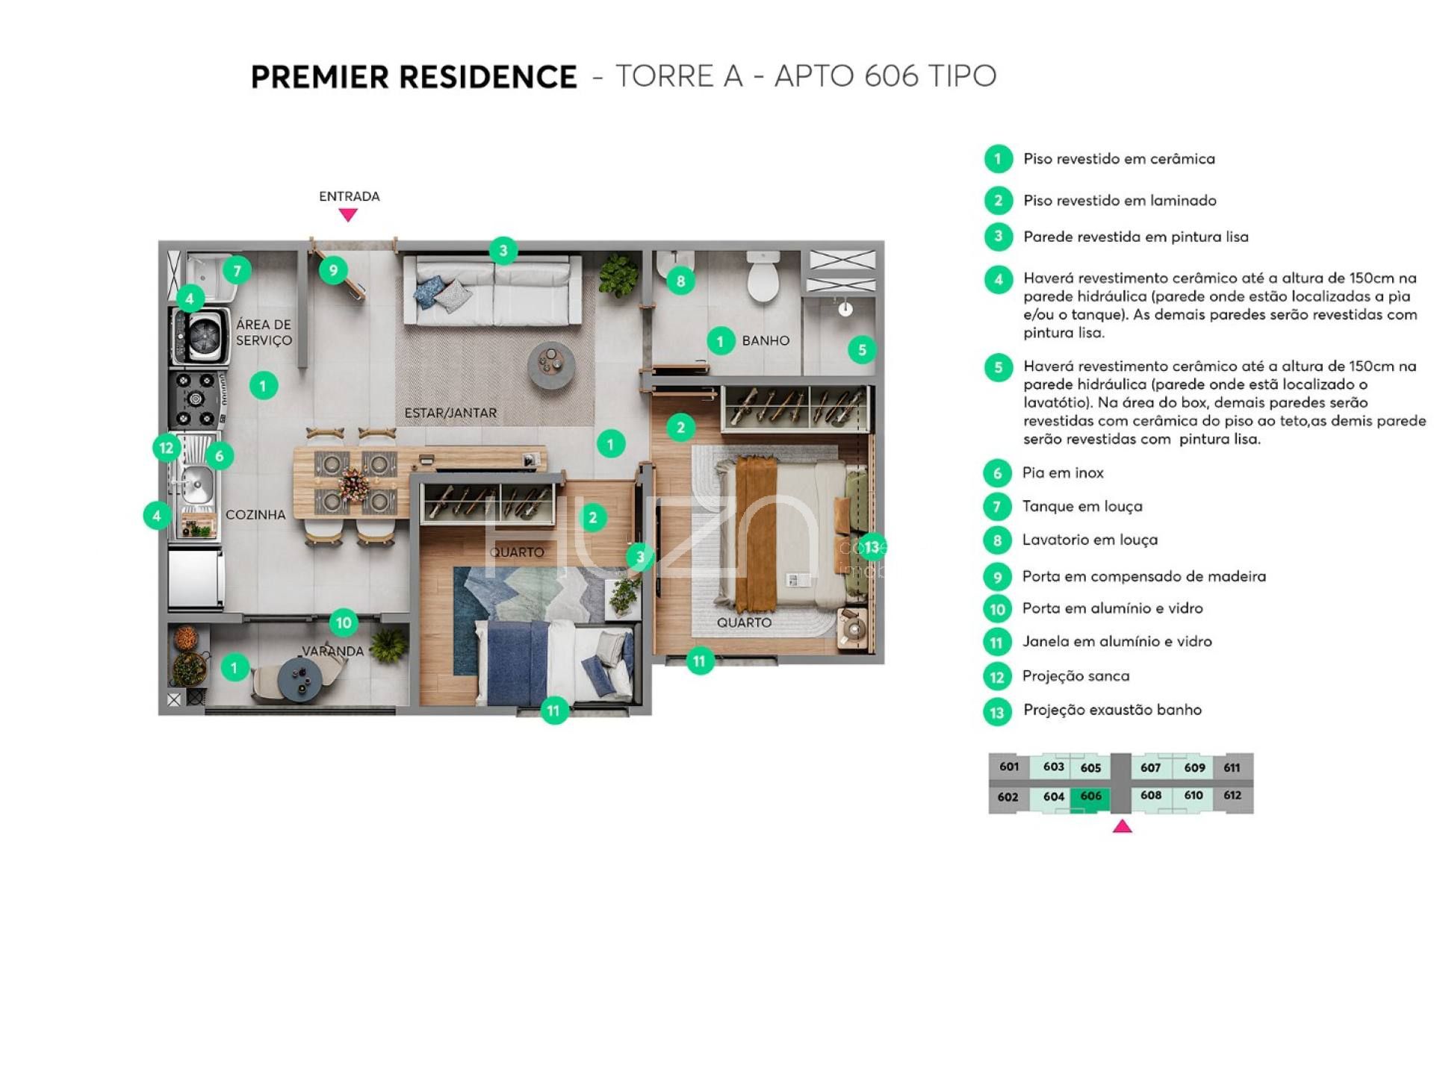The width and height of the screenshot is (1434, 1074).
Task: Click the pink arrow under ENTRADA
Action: tap(348, 215)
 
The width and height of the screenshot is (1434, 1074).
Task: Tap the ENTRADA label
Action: tap(350, 196)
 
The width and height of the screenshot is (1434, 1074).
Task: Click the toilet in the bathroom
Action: tap(763, 275)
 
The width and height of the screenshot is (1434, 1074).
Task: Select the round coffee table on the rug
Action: tap(551, 366)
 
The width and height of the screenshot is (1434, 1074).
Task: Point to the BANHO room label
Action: tap(766, 340)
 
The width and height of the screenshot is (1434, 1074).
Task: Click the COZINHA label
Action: tap(255, 514)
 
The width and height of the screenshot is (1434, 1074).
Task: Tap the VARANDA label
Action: tap(332, 651)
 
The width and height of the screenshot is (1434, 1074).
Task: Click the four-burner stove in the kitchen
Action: tap(197, 399)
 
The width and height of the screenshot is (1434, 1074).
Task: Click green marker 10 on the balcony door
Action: tap(344, 622)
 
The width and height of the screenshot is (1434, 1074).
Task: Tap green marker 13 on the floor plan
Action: tap(872, 547)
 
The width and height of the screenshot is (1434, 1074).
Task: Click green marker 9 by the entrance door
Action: tap(333, 269)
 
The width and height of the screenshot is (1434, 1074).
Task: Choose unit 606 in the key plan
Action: tap(1090, 796)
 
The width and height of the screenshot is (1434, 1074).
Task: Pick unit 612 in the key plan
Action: tap(1232, 796)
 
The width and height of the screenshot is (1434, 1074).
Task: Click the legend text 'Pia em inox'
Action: tap(1063, 472)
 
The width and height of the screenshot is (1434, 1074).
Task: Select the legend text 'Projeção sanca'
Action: tap(1076, 676)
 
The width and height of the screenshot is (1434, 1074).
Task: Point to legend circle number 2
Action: tap(998, 200)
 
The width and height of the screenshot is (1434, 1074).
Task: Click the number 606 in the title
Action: tap(891, 76)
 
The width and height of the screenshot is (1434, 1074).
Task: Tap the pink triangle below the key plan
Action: tap(1122, 826)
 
